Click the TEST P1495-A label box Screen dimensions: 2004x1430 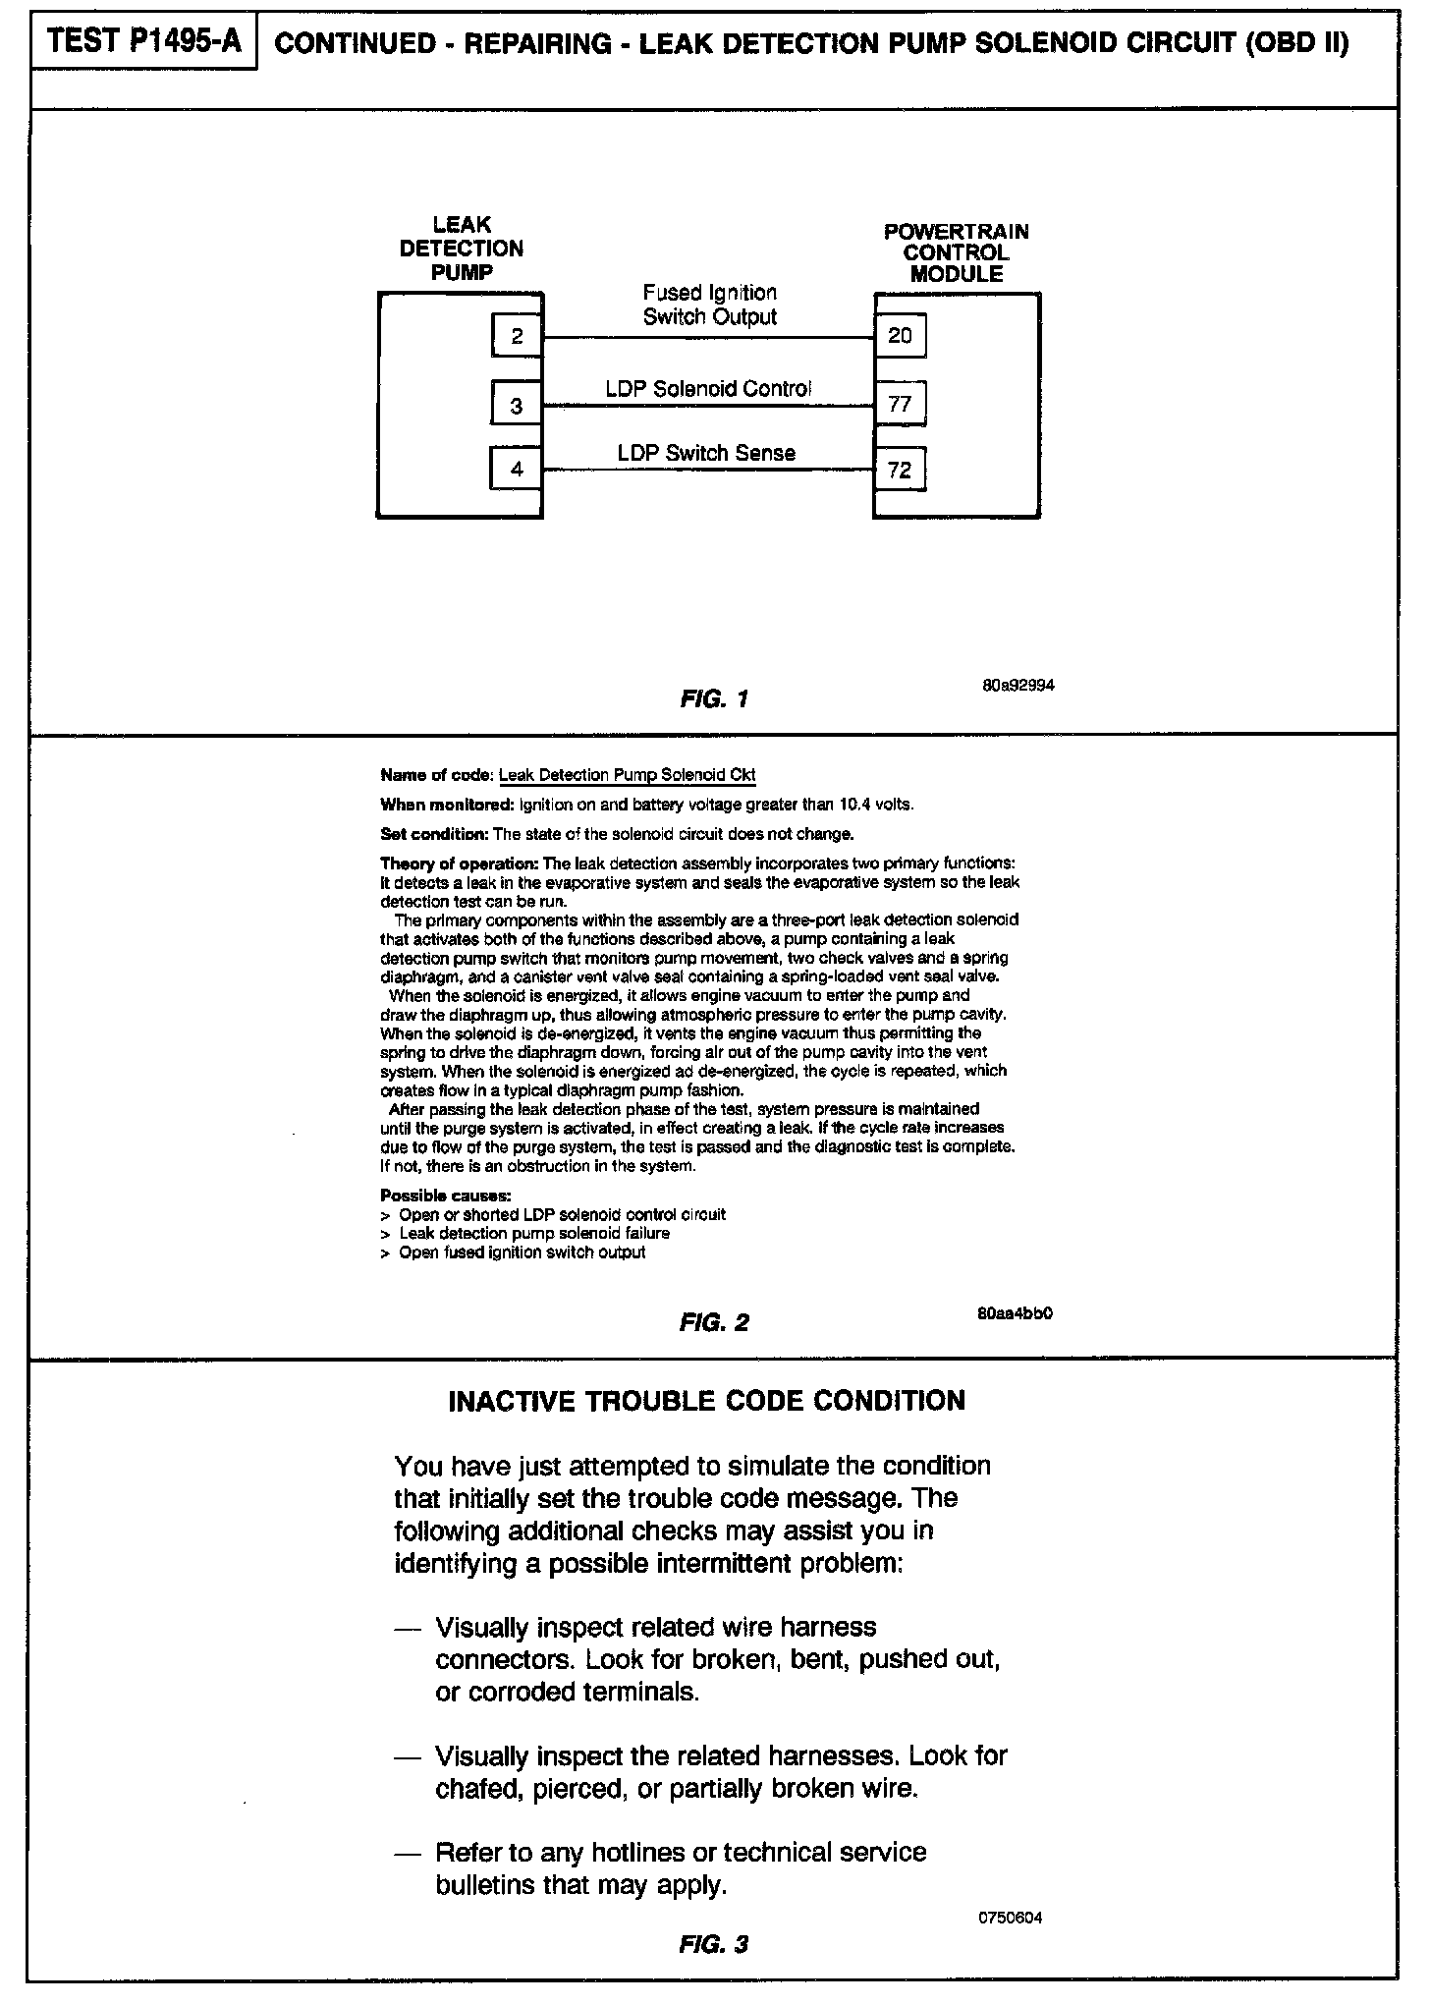[x=143, y=42]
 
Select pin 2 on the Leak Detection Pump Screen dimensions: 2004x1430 [x=517, y=338]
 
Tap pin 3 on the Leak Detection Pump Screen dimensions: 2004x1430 [x=517, y=405]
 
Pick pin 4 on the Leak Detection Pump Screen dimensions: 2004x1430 [x=517, y=469]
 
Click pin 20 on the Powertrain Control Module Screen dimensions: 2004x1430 [x=900, y=336]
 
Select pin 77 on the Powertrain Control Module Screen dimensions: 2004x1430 [x=900, y=404]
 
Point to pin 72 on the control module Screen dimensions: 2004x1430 [x=900, y=470]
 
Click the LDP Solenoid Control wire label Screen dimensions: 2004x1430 [x=708, y=389]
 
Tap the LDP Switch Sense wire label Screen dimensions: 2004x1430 [x=706, y=453]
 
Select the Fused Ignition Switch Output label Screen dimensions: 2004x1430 [x=709, y=305]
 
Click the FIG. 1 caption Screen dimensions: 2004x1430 [x=714, y=699]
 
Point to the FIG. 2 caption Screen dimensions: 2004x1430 [x=714, y=1323]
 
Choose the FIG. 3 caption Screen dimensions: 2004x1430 [x=714, y=1945]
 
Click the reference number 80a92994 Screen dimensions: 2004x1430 [x=1017, y=686]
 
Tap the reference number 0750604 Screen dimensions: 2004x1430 [x=1011, y=1918]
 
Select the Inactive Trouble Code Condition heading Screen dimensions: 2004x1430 [x=706, y=1401]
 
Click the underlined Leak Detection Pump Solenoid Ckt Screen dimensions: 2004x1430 [x=628, y=776]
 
